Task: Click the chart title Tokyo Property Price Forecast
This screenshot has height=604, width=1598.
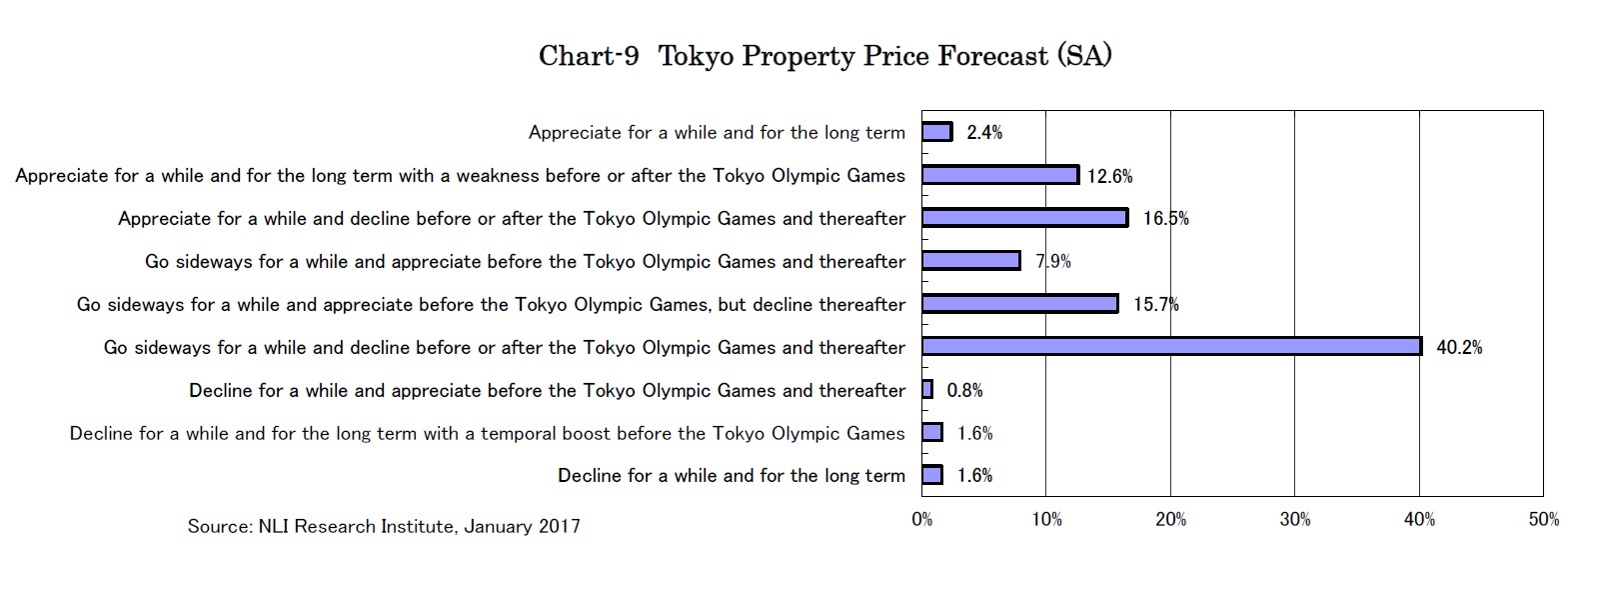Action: click(884, 55)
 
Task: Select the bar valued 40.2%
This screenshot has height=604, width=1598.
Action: click(1171, 346)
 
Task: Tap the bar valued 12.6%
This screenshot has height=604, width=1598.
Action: click(999, 175)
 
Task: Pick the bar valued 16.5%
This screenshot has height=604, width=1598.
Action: click(1024, 218)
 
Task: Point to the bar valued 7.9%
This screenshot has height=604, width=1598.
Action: click(970, 261)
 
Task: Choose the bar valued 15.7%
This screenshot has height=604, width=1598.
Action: click(1019, 304)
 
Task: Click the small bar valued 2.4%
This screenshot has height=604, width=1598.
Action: click(936, 132)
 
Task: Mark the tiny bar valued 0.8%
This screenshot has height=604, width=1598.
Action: click(927, 390)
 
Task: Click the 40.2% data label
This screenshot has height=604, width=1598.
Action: click(1459, 348)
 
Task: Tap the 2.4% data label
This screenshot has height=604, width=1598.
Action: click(984, 133)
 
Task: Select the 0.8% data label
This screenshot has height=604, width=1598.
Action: click(964, 391)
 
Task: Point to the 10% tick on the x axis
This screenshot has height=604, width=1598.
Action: click(1046, 520)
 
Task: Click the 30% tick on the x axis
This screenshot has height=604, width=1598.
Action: click(1295, 520)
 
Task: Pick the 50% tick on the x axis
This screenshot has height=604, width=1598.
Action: click(1543, 520)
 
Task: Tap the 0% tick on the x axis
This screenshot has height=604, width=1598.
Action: click(921, 520)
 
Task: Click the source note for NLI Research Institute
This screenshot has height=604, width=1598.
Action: click(384, 526)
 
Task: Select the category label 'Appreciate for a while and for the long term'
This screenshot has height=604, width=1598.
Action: click(717, 133)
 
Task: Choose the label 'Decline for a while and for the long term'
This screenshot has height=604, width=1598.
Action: click(731, 476)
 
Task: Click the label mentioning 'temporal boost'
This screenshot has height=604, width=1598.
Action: click(487, 434)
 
